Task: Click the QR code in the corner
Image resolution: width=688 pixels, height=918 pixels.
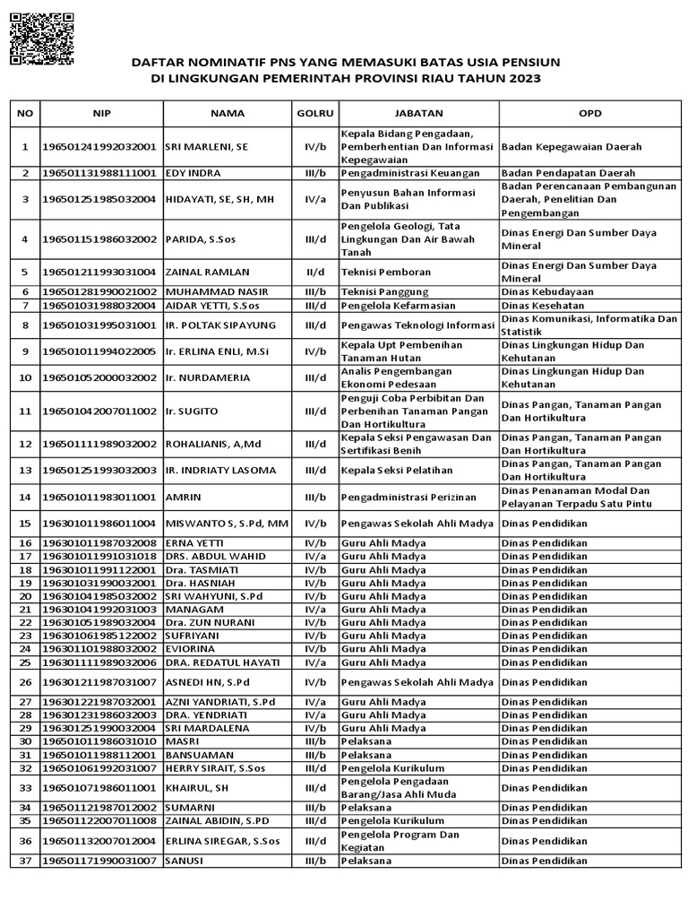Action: point(41,40)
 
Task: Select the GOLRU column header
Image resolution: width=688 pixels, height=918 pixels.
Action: point(314,114)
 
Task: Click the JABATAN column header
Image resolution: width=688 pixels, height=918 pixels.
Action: point(417,114)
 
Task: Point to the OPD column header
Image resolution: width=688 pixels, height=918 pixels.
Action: point(590,114)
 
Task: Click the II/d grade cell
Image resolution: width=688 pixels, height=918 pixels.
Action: point(314,272)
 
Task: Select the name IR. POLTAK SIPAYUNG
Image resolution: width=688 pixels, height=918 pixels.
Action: point(220,325)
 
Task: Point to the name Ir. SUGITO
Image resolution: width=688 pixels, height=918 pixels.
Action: point(190,411)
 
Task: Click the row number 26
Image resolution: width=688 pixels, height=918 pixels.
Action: point(25,682)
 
